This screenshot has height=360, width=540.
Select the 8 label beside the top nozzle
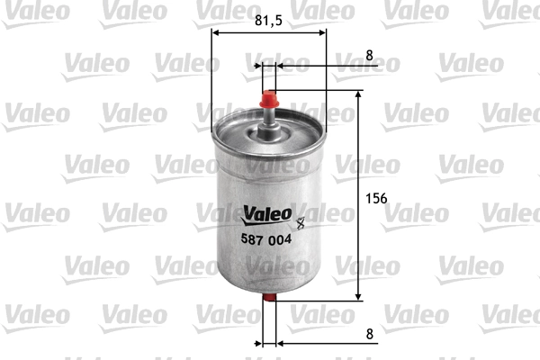click(370, 55)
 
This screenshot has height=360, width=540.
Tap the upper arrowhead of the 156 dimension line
click(359, 94)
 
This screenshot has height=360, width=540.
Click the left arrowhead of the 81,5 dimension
click(217, 34)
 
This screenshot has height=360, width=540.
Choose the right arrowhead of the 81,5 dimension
click(321, 34)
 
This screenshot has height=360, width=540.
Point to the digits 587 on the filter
click(251, 238)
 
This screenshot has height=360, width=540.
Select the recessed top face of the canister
click(269, 135)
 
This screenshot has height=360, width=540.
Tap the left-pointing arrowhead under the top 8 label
click(280, 66)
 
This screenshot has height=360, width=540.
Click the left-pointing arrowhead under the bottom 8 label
click(280, 343)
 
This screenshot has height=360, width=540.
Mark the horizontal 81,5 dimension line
click(269, 34)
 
